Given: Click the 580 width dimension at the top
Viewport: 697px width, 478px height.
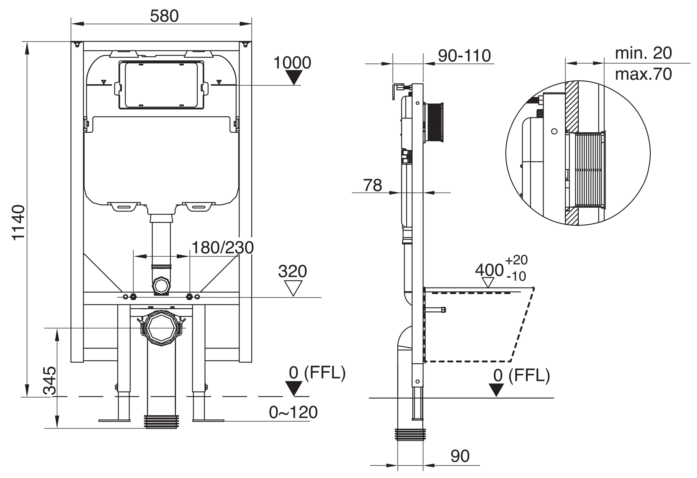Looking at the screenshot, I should (x=164, y=16).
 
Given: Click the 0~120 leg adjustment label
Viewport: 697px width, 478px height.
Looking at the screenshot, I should (x=293, y=412).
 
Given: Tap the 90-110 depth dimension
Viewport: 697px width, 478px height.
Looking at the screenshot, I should (x=464, y=56).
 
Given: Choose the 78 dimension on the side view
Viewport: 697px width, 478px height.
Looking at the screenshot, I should (x=372, y=185).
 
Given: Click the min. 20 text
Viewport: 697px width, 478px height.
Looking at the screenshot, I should (x=643, y=53).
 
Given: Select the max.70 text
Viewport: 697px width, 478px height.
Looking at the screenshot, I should (x=643, y=74).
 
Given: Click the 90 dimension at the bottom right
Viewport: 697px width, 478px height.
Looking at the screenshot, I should (x=460, y=456).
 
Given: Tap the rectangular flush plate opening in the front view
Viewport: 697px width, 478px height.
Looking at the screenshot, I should (x=161, y=85).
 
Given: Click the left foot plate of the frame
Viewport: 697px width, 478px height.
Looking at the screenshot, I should (x=114, y=420).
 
